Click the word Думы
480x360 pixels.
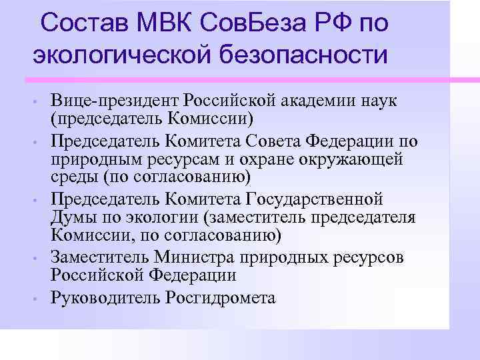tap(70, 217)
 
